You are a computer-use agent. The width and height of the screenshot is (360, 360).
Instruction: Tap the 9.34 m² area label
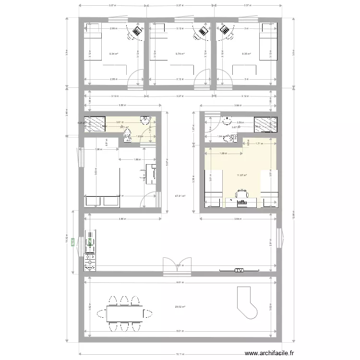pyautogui.click(x=113, y=54)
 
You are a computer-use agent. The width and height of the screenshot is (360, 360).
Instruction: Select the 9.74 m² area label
pyautogui.click(x=180, y=54)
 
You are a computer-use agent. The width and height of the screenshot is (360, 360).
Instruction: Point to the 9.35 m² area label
pyautogui.click(x=245, y=54)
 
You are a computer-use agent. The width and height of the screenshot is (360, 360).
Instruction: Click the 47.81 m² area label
pyautogui.click(x=180, y=196)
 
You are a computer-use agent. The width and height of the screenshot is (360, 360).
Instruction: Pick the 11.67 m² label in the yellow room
pyautogui.click(x=241, y=175)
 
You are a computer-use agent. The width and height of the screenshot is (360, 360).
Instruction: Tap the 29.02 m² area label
pyautogui.click(x=180, y=307)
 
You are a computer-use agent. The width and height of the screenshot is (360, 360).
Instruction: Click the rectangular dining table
pyautogui.click(x=124, y=313)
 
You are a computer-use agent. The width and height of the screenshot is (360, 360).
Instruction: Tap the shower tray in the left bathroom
pyautogui.click(x=96, y=123)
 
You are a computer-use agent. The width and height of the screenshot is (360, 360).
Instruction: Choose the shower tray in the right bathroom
pyautogui.click(x=264, y=123)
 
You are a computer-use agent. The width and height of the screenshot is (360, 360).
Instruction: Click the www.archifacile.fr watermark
pyautogui.click(x=269, y=353)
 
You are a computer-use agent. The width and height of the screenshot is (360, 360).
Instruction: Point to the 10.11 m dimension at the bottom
pyautogui.click(x=180, y=355)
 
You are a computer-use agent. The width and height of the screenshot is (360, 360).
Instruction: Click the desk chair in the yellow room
pyautogui.click(x=241, y=194)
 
